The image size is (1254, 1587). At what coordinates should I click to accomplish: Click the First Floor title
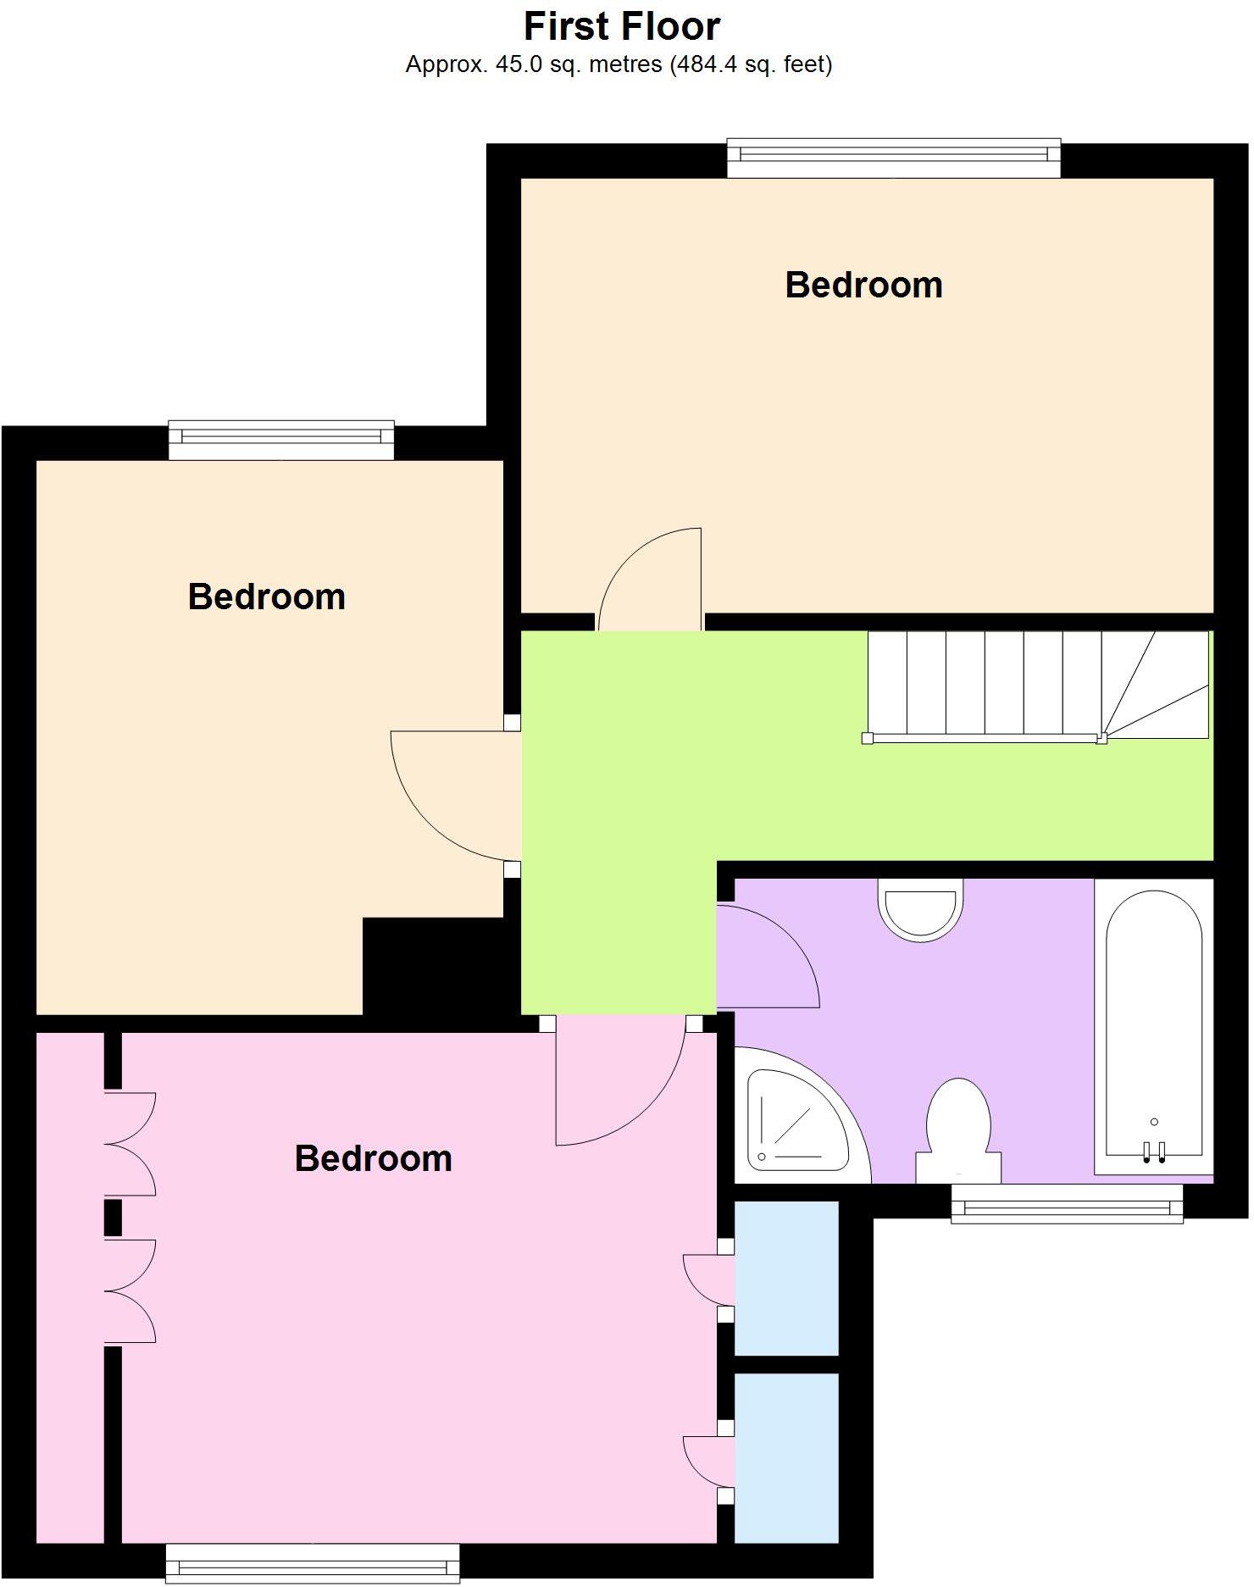coord(622,26)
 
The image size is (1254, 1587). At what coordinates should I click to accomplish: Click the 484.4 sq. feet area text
coord(751,64)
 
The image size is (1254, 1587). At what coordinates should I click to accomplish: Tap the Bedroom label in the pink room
coord(373,1158)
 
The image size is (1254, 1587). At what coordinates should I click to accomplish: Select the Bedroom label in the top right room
coord(863,285)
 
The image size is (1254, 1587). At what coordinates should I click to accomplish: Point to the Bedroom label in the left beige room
coord(267,597)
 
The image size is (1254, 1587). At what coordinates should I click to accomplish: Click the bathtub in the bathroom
coord(1153,1025)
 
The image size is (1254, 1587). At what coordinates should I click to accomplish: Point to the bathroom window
coord(1066,1203)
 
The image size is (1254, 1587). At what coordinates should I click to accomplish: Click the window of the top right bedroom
coord(893,158)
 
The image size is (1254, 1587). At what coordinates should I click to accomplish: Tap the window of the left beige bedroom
coord(280,440)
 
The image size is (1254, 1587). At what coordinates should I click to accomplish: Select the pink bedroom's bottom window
coord(312,1563)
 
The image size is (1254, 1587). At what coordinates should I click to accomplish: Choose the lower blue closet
coord(785,1457)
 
